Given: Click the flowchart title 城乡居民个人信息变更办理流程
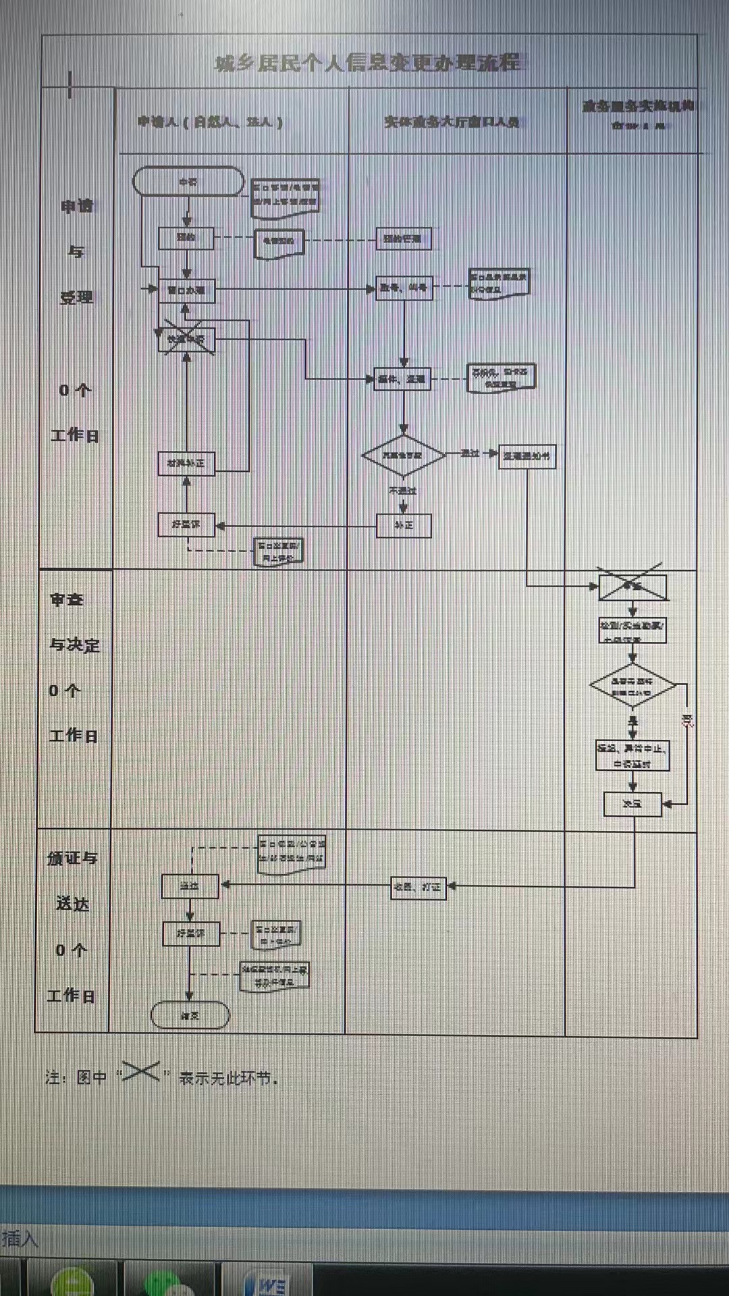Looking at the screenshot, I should (x=367, y=63).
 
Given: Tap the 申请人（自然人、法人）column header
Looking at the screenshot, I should (x=210, y=122).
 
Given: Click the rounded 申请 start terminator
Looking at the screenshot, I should (x=188, y=182).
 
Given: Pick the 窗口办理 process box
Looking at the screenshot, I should (x=186, y=290).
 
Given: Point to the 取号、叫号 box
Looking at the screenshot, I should (x=404, y=288).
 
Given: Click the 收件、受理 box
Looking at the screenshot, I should (x=403, y=379).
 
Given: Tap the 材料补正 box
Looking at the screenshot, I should (x=186, y=463).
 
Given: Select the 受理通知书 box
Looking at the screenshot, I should (x=526, y=456).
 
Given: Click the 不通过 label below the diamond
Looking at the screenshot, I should (x=403, y=491).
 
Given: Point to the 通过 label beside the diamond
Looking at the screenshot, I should (x=470, y=453).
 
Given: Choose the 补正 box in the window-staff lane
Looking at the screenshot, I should (x=404, y=525).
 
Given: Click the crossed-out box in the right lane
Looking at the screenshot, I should (x=632, y=587).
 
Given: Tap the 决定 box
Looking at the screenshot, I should (x=632, y=804).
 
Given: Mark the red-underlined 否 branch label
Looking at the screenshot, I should (x=687, y=720).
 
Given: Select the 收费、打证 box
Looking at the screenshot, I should (x=418, y=887).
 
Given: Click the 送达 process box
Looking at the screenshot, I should (x=190, y=886).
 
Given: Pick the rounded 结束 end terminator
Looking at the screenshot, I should (x=190, y=1015).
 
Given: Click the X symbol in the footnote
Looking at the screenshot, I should (x=140, y=1071).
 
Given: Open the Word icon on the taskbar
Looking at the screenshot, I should (x=269, y=1283).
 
